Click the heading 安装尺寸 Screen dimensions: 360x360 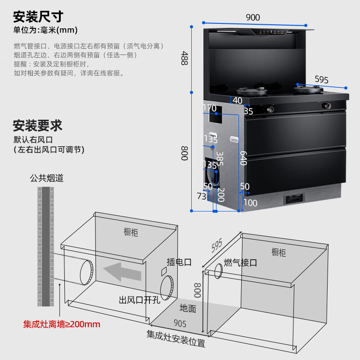38,17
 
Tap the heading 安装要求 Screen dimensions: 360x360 38,125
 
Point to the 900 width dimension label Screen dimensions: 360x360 253,18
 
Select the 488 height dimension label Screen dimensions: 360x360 184,58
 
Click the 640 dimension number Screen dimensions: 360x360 243,158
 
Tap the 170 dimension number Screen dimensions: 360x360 210,108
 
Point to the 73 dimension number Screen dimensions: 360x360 201,196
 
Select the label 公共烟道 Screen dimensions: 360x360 47,178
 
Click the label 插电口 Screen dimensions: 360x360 179,262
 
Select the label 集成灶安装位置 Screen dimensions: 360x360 175,339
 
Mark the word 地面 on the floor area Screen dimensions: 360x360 188,309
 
